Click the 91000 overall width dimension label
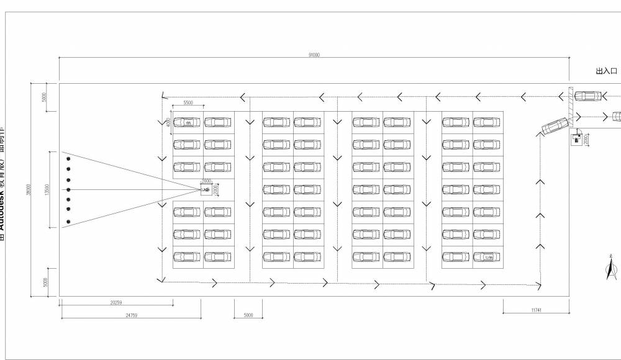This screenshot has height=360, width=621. tap(314, 55)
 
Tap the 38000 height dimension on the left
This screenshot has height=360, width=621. tap(28, 190)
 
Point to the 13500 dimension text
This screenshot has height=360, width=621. tap(47, 189)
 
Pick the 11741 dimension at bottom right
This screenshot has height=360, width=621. tap(536, 309)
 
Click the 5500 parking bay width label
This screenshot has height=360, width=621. tap(188, 102)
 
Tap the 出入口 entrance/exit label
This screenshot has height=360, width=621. tap(606, 72)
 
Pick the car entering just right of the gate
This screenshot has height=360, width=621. tap(587, 96)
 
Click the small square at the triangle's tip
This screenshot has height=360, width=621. tap(206, 190)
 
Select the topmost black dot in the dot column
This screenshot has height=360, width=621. tap(68, 159)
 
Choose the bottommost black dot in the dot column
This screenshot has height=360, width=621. tap(68, 222)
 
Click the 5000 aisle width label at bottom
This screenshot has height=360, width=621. tap(248, 315)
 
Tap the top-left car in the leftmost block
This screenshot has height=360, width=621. tap(187, 122)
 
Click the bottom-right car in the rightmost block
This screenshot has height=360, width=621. tap(486, 256)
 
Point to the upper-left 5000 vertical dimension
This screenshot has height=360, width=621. tap(44, 98)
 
